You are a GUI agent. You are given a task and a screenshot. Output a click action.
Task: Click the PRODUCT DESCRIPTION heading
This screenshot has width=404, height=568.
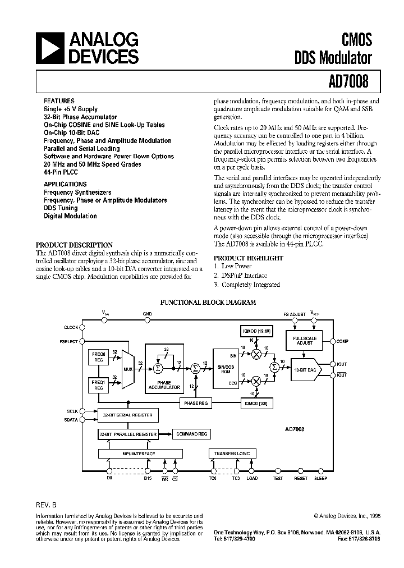click(74, 245)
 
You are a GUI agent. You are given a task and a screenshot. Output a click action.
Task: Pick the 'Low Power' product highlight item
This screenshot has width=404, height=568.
click(235, 266)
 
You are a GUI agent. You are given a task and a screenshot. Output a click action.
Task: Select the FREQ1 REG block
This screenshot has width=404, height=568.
click(98, 385)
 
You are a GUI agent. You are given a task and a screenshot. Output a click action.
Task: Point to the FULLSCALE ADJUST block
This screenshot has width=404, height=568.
click(305, 340)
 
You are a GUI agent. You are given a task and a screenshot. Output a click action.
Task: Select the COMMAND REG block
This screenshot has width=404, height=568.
click(191, 434)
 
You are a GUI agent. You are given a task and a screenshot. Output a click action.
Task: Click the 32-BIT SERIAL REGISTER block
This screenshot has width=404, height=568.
click(127, 416)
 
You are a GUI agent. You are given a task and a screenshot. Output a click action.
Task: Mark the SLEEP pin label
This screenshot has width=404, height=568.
click(321, 478)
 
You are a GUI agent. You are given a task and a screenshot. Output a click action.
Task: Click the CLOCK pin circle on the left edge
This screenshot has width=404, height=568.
click(82, 327)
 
